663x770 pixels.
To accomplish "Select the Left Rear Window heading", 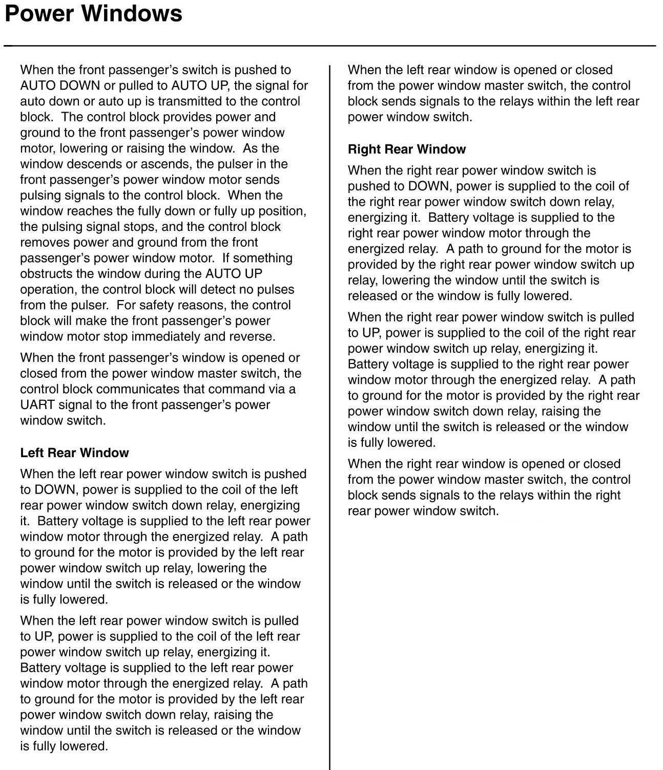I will (74, 453).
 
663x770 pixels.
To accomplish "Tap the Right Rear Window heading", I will (407, 149).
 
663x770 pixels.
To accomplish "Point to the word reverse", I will (255, 336).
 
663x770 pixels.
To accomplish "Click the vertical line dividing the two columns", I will (329, 410).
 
